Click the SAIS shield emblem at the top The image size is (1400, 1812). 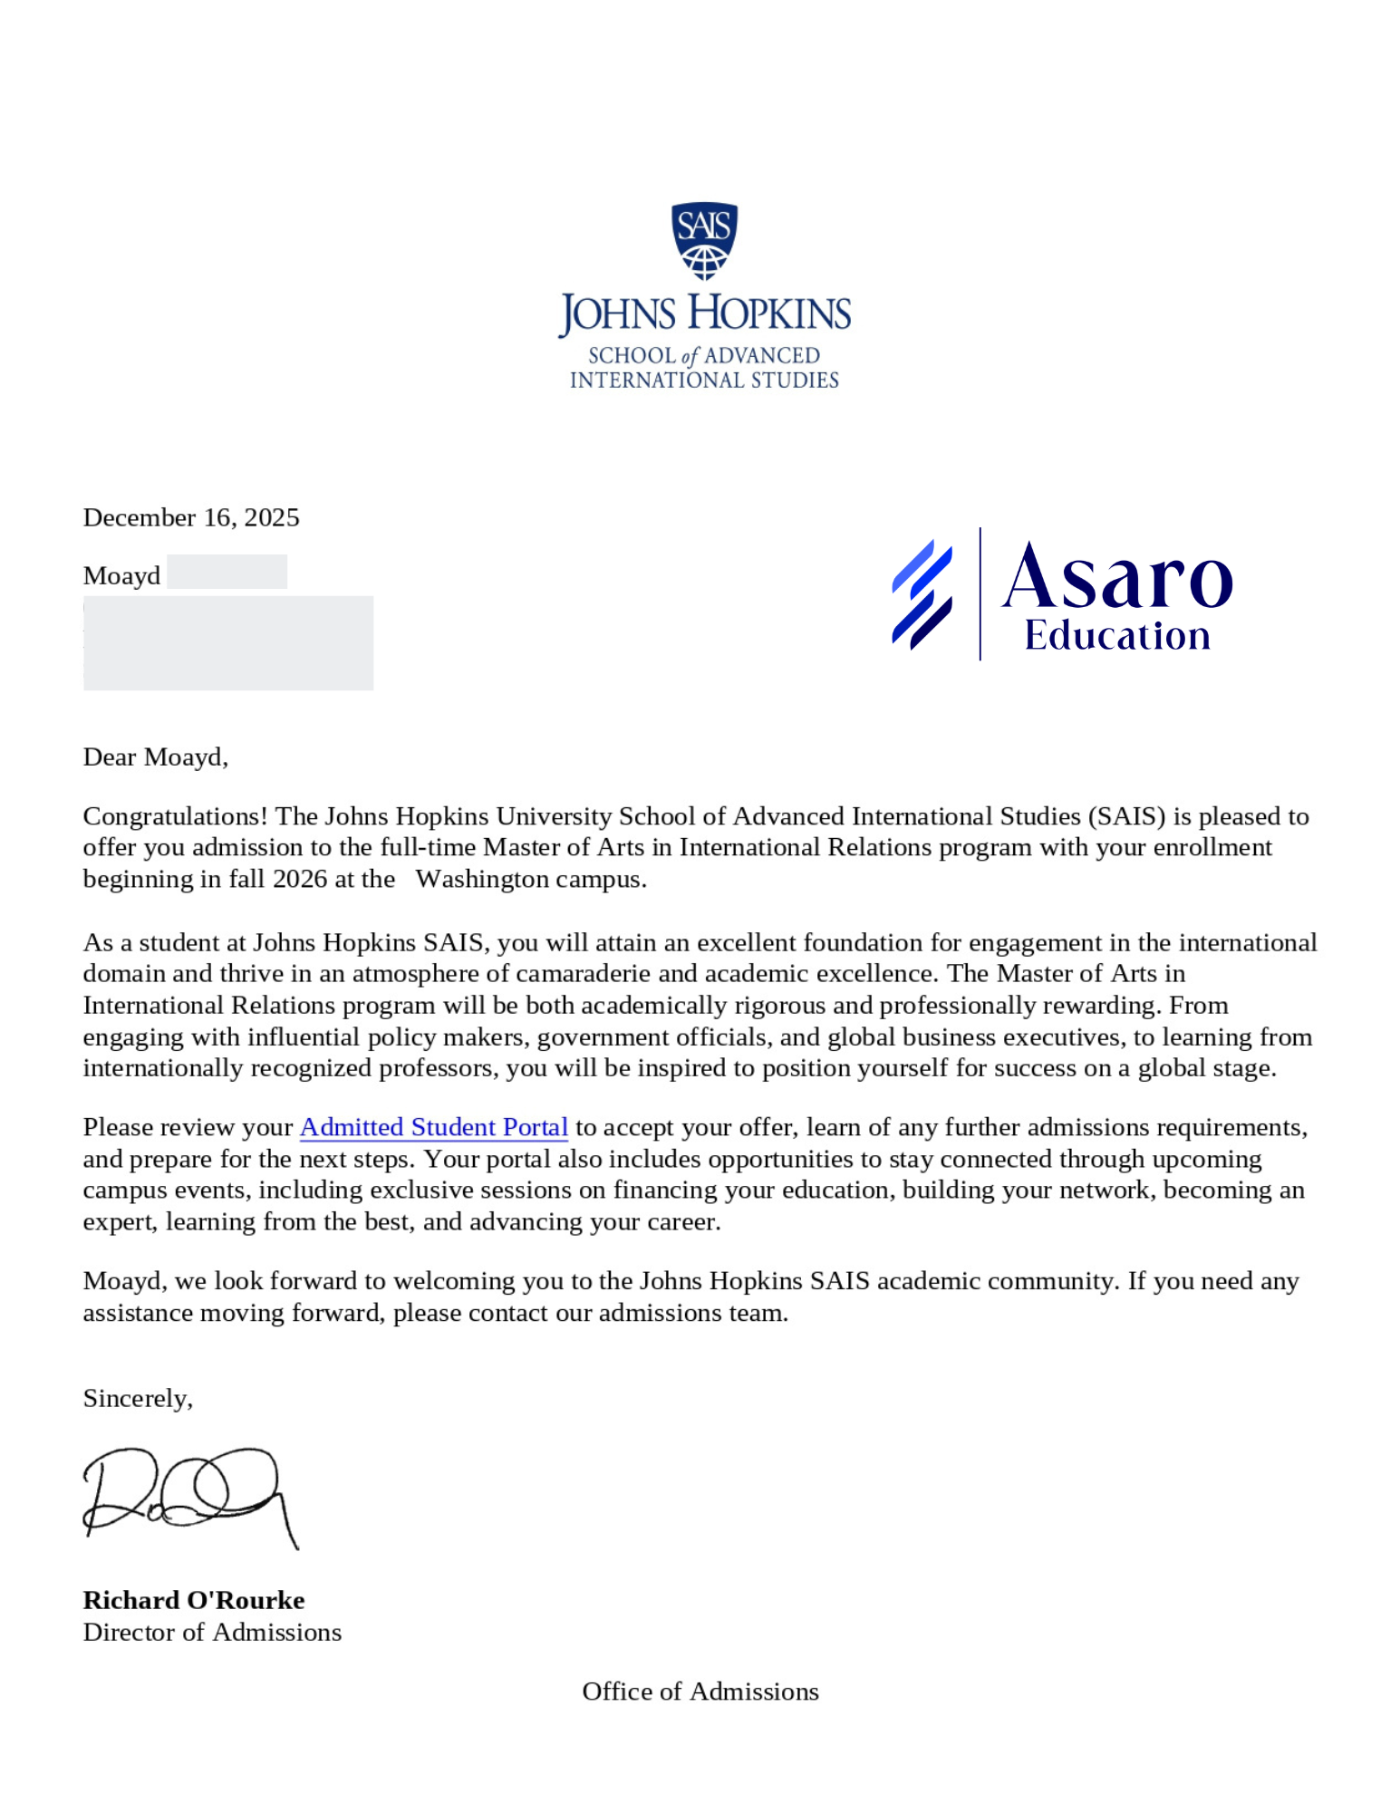[704, 240]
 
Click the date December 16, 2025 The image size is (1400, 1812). [191, 517]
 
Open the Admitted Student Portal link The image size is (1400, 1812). [433, 1127]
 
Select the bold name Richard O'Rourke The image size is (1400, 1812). [194, 1600]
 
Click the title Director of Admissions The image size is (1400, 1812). [212, 1632]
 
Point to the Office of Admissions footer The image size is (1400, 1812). [700, 1692]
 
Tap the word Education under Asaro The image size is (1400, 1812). [1116, 636]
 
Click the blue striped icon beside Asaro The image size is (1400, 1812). [922, 594]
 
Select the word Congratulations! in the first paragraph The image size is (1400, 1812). [175, 816]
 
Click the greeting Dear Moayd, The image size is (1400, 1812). [155, 757]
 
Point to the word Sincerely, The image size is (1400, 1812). [138, 1398]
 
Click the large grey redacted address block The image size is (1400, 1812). [228, 643]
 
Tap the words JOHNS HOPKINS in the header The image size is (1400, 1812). [704, 313]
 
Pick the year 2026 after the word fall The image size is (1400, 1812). [300, 879]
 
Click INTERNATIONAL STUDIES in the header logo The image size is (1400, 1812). [704, 380]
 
